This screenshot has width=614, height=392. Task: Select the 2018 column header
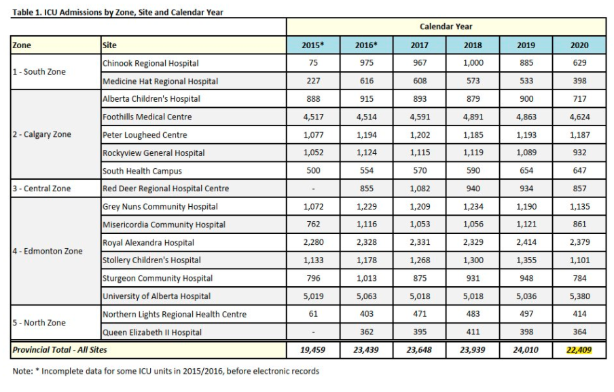[x=472, y=45]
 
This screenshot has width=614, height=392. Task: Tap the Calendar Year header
[x=446, y=26]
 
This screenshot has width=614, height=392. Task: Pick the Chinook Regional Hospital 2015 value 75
[x=312, y=63]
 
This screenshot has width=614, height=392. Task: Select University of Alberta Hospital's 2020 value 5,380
[x=579, y=296]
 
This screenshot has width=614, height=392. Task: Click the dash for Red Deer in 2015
[x=312, y=189]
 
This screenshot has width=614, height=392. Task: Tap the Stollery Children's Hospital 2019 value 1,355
[x=526, y=260]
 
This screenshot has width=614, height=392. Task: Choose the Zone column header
[x=22, y=45]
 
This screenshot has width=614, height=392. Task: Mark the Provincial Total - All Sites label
[x=60, y=350]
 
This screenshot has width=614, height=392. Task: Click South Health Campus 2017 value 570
[x=419, y=171]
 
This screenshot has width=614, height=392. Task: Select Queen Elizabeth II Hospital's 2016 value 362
[x=365, y=332]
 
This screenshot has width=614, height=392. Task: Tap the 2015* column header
[x=312, y=45]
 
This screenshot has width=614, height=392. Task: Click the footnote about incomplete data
[x=166, y=371]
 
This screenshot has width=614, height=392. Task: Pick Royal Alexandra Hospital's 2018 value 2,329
[x=472, y=243]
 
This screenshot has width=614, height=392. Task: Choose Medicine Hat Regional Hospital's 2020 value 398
[x=579, y=81]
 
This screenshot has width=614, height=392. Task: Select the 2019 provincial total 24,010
[x=526, y=350]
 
